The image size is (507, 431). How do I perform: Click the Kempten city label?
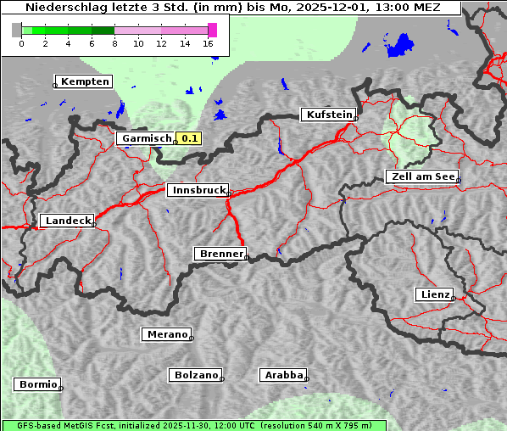[84, 81]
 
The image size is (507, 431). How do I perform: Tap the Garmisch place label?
[146, 138]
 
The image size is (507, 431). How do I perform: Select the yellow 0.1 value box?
[190, 138]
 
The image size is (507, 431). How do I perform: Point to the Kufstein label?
[327, 115]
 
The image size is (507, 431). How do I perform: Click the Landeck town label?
[66, 221]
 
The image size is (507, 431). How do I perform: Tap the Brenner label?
[220, 254]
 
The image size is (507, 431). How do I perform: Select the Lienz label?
[433, 294]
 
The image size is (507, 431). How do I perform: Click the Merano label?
[165, 334]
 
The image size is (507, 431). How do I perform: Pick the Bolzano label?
[195, 374]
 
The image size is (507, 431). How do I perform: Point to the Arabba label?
[281, 374]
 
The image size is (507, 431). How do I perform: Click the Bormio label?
[36, 384]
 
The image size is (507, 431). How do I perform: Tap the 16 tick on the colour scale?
[208, 42]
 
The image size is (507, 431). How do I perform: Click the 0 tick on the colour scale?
[21, 42]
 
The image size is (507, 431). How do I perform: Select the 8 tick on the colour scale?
[114, 42]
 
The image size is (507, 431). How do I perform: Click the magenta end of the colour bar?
[212, 30]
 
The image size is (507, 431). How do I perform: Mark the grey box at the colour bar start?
[16, 30]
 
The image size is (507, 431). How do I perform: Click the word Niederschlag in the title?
[65, 8]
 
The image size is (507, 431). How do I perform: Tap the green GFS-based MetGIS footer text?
[193, 425]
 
